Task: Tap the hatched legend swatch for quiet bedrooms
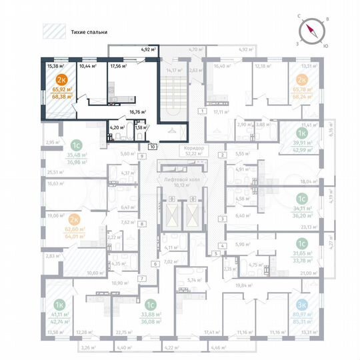(53, 31)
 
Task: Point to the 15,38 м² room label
(55, 66)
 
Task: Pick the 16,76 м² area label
(138, 113)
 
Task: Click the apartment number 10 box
(153, 146)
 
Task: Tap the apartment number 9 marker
(143, 157)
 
